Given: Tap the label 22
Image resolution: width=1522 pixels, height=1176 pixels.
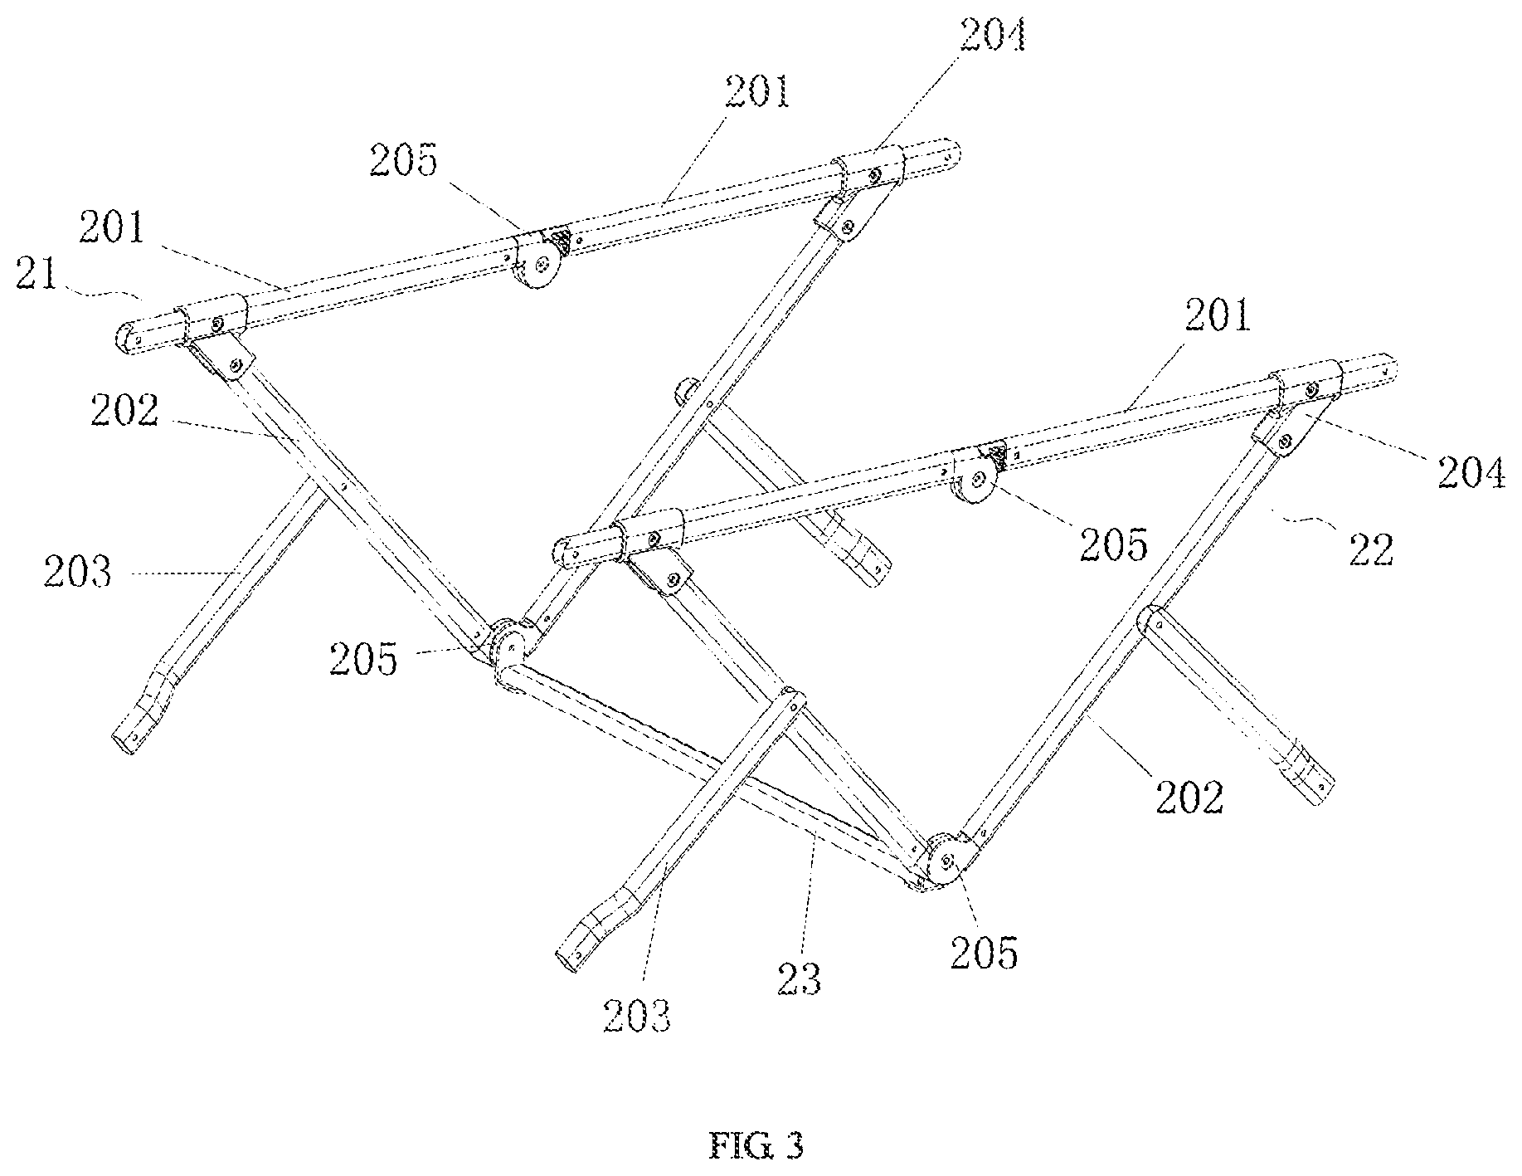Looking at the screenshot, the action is coord(1369,549).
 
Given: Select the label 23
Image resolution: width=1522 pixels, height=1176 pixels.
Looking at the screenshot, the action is coord(799,978).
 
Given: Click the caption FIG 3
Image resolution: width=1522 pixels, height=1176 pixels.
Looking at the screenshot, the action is coord(756,1146).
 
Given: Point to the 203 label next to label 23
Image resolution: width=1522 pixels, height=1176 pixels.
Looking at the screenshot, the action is coord(637,1016).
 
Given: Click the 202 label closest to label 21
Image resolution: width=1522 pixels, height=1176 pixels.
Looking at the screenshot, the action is coord(124,410).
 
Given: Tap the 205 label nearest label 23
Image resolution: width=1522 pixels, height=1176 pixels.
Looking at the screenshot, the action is coord(984,954).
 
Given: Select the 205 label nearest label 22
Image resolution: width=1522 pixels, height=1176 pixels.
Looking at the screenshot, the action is coord(1114,544).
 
